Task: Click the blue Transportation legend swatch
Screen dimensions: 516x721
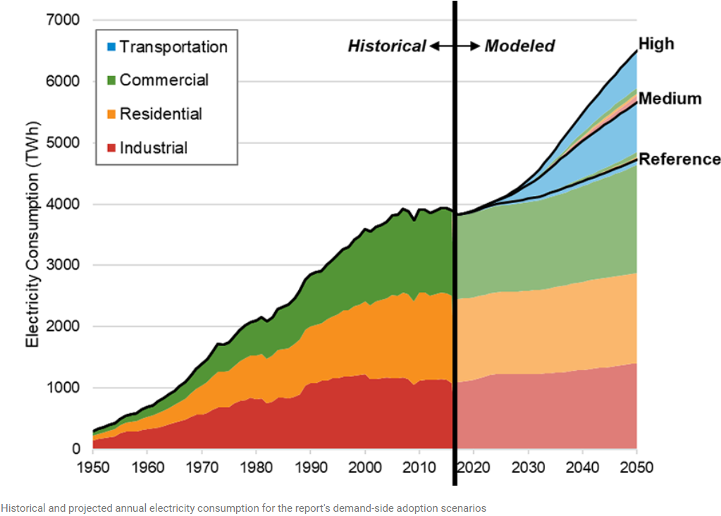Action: [111, 47]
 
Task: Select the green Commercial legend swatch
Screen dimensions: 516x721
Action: [111, 80]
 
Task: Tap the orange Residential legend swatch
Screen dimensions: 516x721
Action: [111, 114]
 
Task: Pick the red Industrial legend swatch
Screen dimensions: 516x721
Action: [111, 148]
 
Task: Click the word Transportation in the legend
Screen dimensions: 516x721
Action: [173, 47]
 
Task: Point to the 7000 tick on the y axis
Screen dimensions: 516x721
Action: [63, 20]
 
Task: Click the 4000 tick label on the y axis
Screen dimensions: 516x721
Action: [63, 204]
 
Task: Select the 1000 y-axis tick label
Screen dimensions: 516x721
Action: [63, 388]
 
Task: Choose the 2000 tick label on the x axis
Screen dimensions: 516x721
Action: [364, 467]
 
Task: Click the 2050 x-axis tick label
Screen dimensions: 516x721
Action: [636, 467]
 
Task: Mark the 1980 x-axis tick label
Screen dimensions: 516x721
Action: [256, 467]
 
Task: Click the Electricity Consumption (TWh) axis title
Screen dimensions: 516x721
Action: [33, 235]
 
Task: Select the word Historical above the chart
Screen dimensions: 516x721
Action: [387, 47]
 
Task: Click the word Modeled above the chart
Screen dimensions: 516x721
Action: [520, 47]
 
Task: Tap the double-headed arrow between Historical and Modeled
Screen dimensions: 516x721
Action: [455, 47]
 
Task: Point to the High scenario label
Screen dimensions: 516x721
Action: [656, 44]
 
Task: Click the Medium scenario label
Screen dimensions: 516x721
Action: [670, 99]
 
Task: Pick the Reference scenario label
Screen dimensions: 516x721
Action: [679, 159]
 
